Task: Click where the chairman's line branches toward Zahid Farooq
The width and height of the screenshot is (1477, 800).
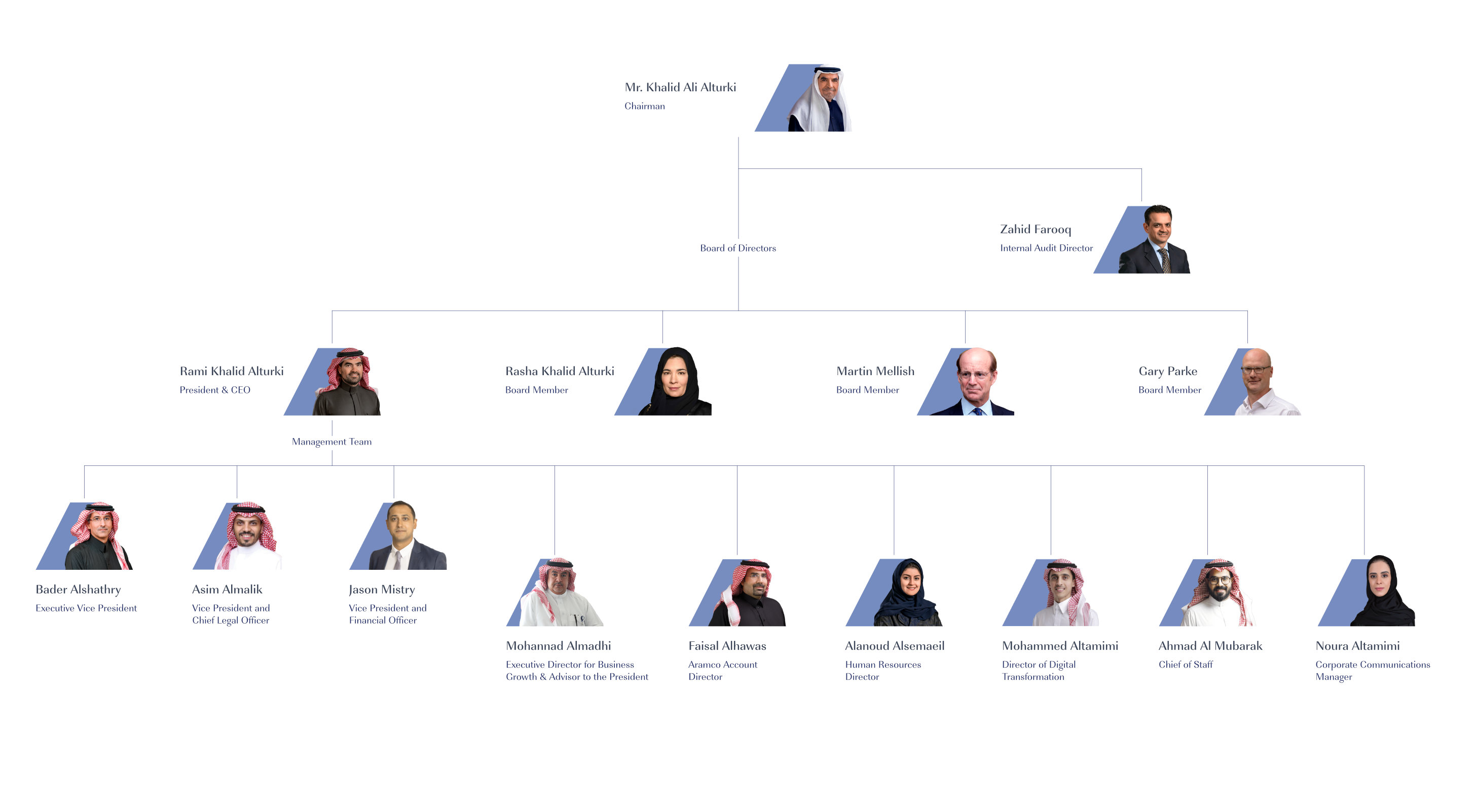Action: [738, 169]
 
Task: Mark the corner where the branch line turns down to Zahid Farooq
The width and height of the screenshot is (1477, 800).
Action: [1141, 169]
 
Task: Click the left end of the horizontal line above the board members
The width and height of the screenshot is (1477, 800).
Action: [332, 311]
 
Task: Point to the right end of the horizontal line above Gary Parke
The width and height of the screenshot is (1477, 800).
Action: [1248, 311]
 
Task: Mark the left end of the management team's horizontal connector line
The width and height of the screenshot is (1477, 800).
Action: [84, 466]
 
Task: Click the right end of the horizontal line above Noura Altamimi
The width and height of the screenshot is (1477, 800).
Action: [1364, 466]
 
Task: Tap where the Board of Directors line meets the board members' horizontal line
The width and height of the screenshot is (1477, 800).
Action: [738, 311]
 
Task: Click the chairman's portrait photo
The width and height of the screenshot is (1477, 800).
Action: [803, 98]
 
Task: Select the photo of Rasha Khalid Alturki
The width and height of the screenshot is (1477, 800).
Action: [663, 381]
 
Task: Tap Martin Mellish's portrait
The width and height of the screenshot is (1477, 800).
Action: [966, 381]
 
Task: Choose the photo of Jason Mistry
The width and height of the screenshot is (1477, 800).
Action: [398, 535]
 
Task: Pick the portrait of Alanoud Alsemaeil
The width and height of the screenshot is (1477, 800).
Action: [894, 592]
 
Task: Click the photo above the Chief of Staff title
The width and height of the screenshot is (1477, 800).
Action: [1207, 592]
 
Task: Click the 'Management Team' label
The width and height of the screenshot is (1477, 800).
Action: [332, 442]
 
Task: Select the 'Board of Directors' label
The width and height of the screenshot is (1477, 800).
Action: [738, 248]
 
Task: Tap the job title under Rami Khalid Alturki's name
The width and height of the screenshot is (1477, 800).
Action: [215, 390]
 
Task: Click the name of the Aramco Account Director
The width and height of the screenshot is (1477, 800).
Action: [727, 646]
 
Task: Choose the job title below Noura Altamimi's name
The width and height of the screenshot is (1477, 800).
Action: [1373, 670]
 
